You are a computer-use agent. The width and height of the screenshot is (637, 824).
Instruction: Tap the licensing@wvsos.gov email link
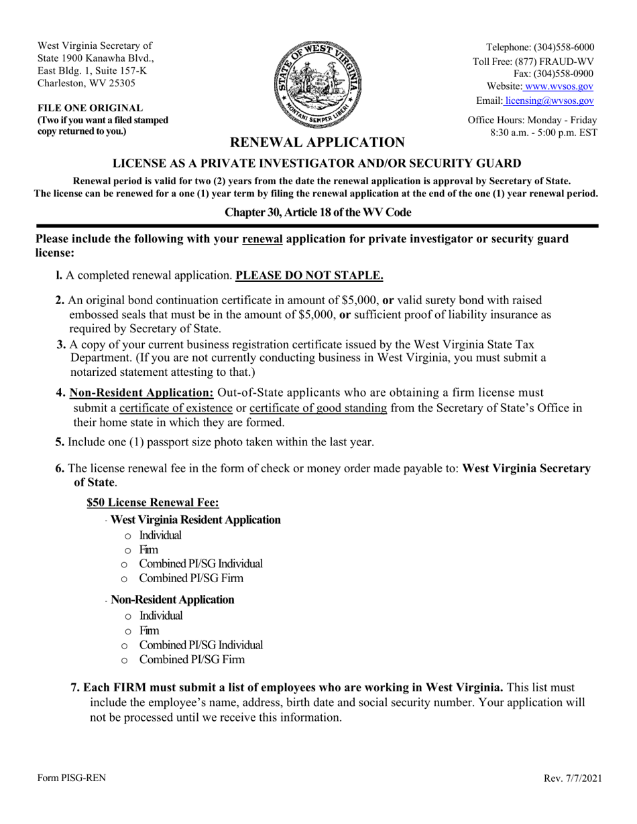pyautogui.click(x=549, y=100)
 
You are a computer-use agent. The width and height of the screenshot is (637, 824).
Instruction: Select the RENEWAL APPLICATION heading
pyautogui.click(x=317, y=142)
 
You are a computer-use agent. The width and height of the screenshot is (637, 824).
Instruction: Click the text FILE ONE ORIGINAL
pyautogui.click(x=90, y=108)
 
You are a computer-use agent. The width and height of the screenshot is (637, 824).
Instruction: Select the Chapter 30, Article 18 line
pyautogui.click(x=318, y=212)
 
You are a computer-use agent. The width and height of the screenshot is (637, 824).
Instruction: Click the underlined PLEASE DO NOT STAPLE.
pyautogui.click(x=309, y=275)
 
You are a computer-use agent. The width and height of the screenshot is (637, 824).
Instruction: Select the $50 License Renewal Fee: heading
pyautogui.click(x=153, y=502)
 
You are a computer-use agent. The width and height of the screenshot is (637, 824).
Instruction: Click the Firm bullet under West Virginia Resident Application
pyautogui.click(x=148, y=550)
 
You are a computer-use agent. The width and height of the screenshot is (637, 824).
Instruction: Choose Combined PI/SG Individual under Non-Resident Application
pyautogui.click(x=200, y=645)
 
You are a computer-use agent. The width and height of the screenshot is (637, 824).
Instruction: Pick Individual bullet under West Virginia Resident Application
pyautogui.click(x=160, y=535)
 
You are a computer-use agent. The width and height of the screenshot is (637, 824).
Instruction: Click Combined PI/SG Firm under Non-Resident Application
pyautogui.click(x=191, y=660)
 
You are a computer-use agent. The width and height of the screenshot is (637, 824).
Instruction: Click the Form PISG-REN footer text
pyautogui.click(x=71, y=778)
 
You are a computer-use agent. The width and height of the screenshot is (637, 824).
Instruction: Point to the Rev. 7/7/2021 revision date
pyautogui.click(x=573, y=778)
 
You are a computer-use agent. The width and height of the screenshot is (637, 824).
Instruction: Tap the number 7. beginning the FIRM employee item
pyautogui.click(x=76, y=688)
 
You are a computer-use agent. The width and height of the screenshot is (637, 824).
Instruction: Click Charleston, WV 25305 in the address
pyautogui.click(x=86, y=83)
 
